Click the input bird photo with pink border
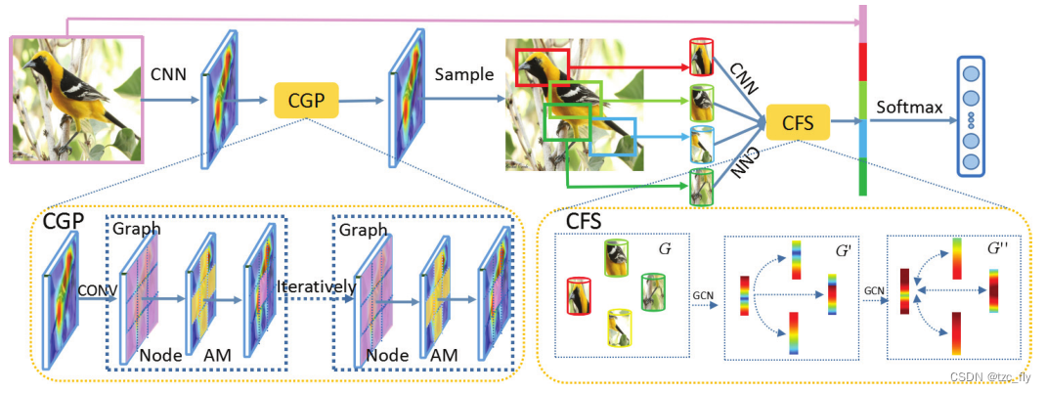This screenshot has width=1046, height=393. [77, 98]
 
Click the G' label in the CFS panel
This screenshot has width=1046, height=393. [842, 249]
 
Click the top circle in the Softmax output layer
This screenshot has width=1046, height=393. [972, 72]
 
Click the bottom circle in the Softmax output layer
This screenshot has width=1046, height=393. [972, 160]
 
